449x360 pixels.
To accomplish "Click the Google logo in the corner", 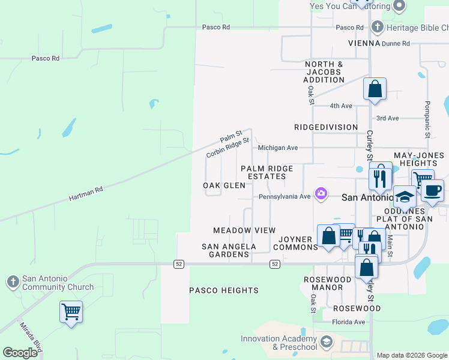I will point(20,353).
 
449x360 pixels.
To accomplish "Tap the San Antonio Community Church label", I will point(58,283).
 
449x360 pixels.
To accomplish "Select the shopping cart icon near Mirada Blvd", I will point(71,311).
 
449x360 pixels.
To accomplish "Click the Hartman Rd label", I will point(86,193).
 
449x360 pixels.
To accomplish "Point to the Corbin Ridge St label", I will point(228,148).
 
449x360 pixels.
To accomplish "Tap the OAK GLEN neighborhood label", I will point(224,185).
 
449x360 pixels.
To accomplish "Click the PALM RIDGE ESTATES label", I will point(263,173).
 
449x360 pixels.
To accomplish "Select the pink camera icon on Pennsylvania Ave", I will point(322,193).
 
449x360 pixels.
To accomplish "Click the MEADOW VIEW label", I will point(244,230).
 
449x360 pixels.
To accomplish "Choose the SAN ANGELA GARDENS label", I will point(228,250).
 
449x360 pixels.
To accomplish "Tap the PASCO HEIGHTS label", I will point(224,290).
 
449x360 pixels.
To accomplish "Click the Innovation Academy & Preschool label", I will point(279,343).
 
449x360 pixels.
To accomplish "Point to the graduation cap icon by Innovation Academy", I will point(326,342).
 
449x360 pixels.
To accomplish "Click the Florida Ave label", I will point(349,322).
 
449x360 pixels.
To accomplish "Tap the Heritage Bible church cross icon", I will point(377,27).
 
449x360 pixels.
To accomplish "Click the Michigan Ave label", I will point(278,148).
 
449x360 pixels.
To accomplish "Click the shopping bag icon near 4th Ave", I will point(375,90).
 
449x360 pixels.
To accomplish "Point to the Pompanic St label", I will point(427,119).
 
